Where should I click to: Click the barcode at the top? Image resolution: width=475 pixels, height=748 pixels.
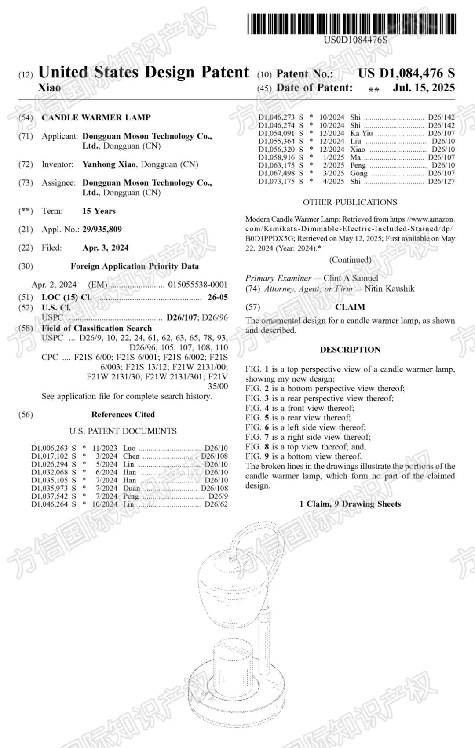[x=351, y=24]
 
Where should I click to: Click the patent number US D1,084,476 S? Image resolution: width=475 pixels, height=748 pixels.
[x=406, y=73]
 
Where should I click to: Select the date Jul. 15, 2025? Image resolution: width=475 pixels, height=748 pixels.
[x=424, y=88]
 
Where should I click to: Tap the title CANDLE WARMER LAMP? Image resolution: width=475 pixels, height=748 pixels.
[x=96, y=117]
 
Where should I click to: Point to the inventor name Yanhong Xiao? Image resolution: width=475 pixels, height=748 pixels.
[x=109, y=164]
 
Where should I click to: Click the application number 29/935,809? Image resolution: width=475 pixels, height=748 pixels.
[x=102, y=229]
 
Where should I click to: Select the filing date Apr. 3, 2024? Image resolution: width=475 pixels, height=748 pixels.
[x=106, y=248]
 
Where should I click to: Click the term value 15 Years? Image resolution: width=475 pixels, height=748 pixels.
[x=99, y=211]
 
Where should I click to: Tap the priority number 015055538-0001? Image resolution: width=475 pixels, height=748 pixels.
[x=197, y=285]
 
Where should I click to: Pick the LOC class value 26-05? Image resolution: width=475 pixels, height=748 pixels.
[x=217, y=297]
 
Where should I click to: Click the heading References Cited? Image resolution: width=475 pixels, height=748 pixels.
[x=123, y=414]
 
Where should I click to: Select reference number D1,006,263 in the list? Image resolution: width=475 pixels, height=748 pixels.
[x=50, y=448]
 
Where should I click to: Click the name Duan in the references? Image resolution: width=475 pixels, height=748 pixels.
[x=132, y=488]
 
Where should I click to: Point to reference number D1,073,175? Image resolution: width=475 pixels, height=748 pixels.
[x=276, y=181]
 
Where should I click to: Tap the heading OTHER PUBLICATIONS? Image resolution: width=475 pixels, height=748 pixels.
[x=350, y=202]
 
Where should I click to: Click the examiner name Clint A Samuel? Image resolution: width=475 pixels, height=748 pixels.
[x=351, y=278]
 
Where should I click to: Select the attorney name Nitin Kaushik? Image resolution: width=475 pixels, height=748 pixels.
[x=389, y=289]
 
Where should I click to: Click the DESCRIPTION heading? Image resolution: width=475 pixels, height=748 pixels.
[x=350, y=350]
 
